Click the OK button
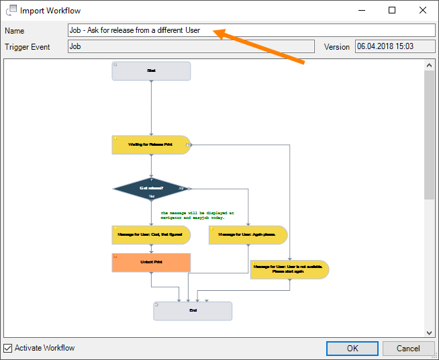[x=352, y=349]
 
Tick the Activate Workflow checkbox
[x=8, y=349]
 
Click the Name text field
[x=252, y=30]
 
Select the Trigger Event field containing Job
[x=191, y=46]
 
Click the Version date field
[x=395, y=46]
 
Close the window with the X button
[x=422, y=10]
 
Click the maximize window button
[x=392, y=10]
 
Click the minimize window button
[x=362, y=10]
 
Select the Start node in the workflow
[x=151, y=71]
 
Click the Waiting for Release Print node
[x=151, y=144]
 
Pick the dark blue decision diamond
[x=152, y=189]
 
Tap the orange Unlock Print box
[x=151, y=262]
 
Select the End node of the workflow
[x=193, y=311]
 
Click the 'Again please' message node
[x=248, y=234]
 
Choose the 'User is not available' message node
[x=289, y=269]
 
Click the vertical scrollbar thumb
[x=430, y=134]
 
